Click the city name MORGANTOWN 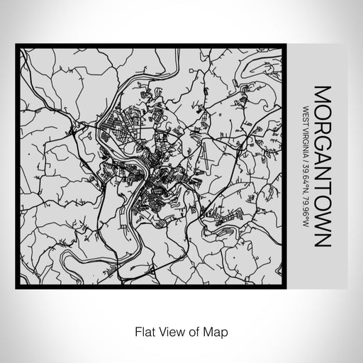point(323,166)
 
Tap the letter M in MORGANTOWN point(323,94)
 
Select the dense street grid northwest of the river point(117,128)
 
